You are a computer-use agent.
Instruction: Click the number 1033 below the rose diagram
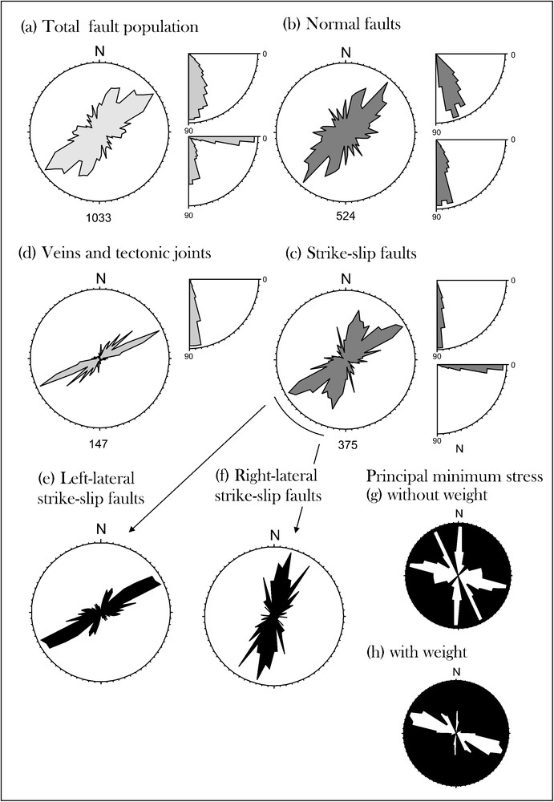[x=99, y=218]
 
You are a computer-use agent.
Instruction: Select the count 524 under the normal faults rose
[x=346, y=218]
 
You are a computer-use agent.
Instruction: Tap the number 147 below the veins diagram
[x=99, y=444]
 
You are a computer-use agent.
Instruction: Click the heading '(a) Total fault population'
[x=109, y=27]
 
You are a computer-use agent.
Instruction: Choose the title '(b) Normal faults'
[x=342, y=25]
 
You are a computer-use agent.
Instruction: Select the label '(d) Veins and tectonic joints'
[x=115, y=253]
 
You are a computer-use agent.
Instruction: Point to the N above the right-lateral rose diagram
[x=275, y=535]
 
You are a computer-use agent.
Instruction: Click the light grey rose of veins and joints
[x=99, y=358]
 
